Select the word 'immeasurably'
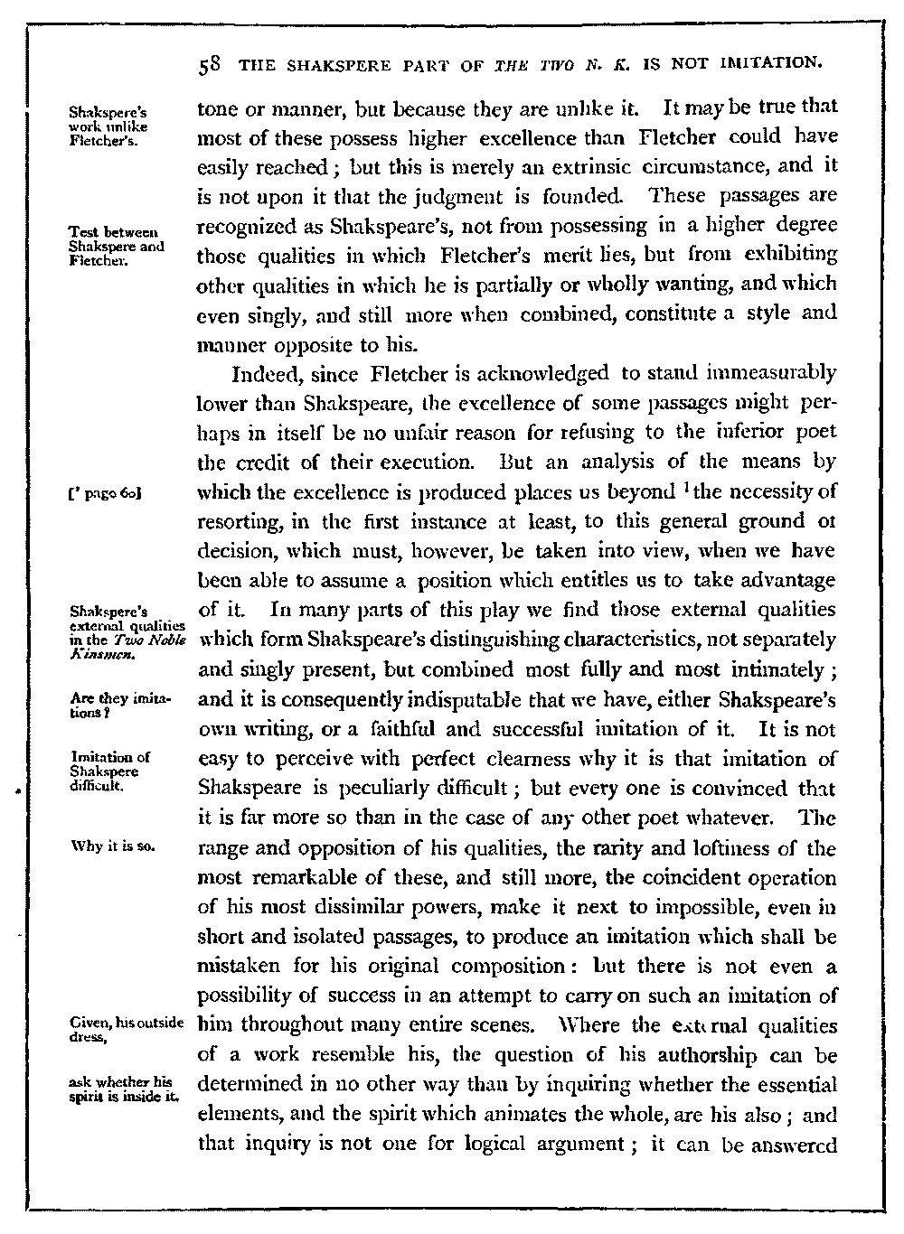pyautogui.click(x=777, y=372)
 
